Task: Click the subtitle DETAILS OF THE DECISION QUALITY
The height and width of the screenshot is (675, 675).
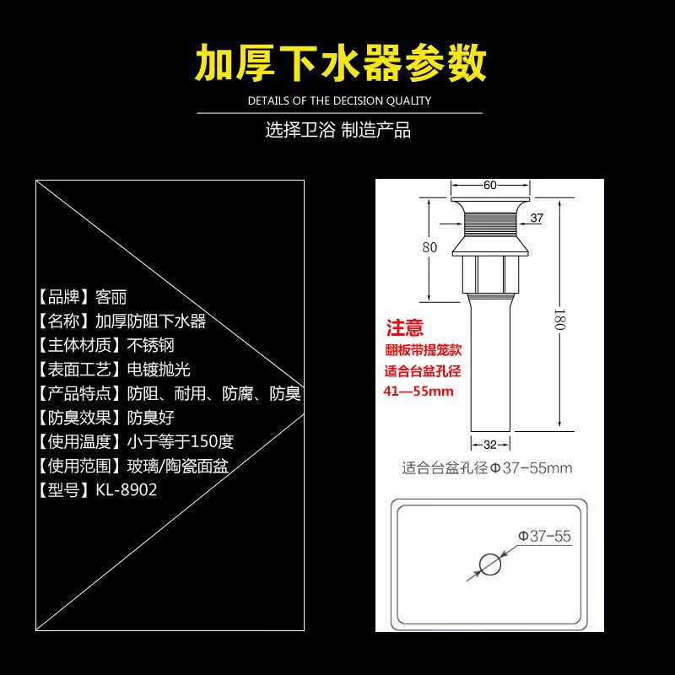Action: point(338,100)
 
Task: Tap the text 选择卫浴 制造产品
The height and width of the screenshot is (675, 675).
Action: point(337,131)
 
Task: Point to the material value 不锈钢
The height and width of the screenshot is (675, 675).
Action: point(150,345)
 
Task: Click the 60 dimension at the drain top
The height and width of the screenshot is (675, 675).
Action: point(489,186)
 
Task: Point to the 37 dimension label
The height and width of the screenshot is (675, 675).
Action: point(537,219)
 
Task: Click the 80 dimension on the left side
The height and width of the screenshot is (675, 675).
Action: point(429,247)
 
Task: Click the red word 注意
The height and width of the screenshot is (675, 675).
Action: point(405,328)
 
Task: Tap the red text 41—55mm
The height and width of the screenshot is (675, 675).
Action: point(418,391)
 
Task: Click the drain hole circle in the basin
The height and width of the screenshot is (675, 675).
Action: point(489,564)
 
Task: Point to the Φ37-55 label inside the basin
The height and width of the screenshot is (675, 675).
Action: point(544,536)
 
